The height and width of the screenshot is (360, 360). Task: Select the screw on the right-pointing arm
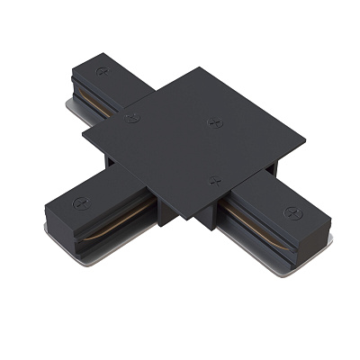(292, 212)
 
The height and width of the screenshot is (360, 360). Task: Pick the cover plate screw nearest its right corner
(214, 121)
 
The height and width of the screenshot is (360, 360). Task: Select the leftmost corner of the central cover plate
(83, 134)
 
